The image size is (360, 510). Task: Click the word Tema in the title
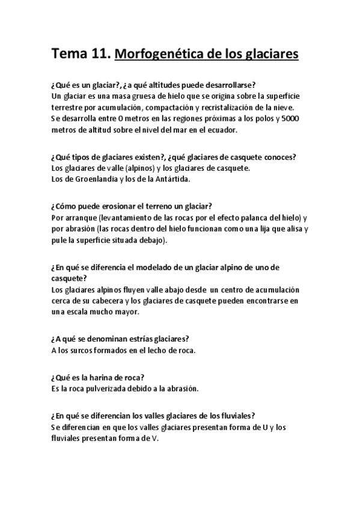click(x=70, y=55)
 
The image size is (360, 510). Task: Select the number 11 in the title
click(x=101, y=55)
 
